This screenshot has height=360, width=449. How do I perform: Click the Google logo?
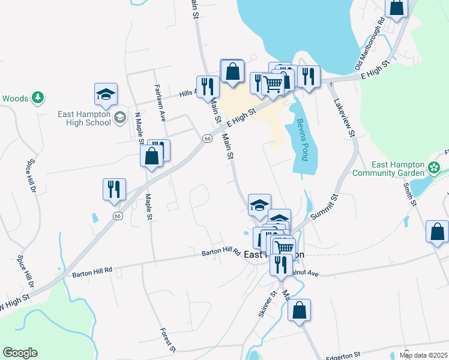click(x=20, y=353)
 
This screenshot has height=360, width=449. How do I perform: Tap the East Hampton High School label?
click(x=84, y=118)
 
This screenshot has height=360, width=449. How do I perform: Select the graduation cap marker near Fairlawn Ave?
click(x=105, y=94)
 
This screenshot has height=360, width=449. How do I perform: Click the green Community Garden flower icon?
click(x=434, y=165)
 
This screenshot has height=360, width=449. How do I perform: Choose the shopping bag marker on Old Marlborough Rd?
click(x=397, y=7)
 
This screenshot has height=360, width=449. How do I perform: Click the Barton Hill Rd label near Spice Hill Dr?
click(x=92, y=271)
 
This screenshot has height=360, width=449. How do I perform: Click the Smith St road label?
click(x=410, y=194)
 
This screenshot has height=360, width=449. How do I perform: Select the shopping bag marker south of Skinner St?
click(x=299, y=310)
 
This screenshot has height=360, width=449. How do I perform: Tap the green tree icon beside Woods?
click(x=38, y=97)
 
